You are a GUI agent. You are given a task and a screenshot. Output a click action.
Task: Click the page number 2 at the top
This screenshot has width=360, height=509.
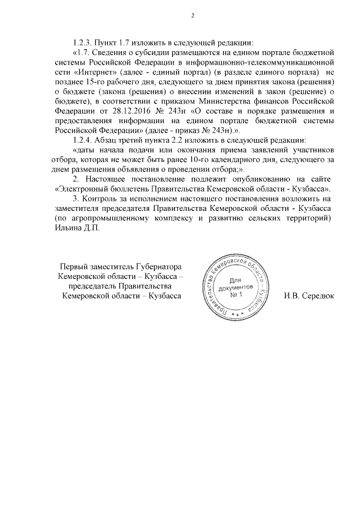[192, 15]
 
